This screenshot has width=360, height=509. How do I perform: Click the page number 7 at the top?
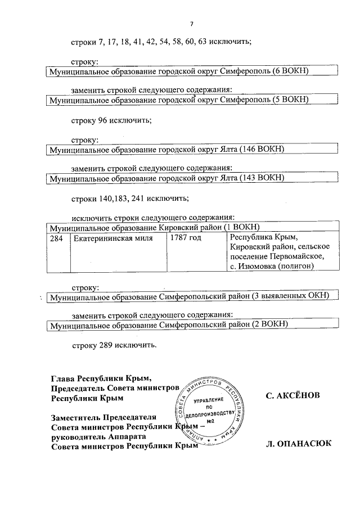191,24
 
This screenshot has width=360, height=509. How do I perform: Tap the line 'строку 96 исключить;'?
111,120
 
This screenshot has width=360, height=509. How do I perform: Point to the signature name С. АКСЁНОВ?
293,396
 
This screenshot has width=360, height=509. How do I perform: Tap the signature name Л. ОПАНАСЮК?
298,444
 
